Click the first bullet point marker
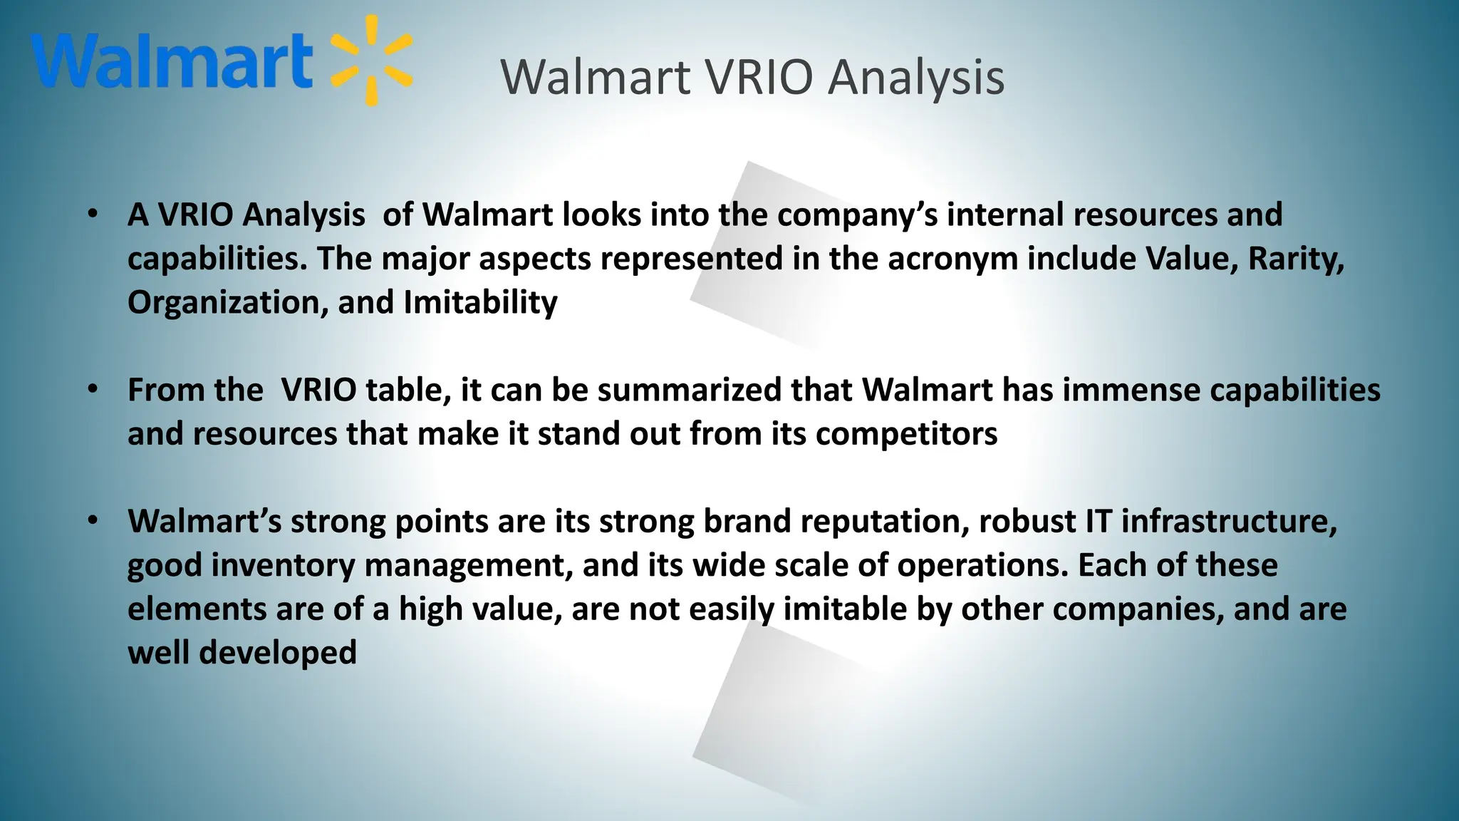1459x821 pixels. point(93,214)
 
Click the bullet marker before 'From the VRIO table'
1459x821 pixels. point(93,389)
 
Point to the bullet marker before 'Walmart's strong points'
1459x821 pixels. point(93,521)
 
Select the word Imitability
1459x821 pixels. point(480,303)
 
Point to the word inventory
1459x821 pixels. point(283,566)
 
